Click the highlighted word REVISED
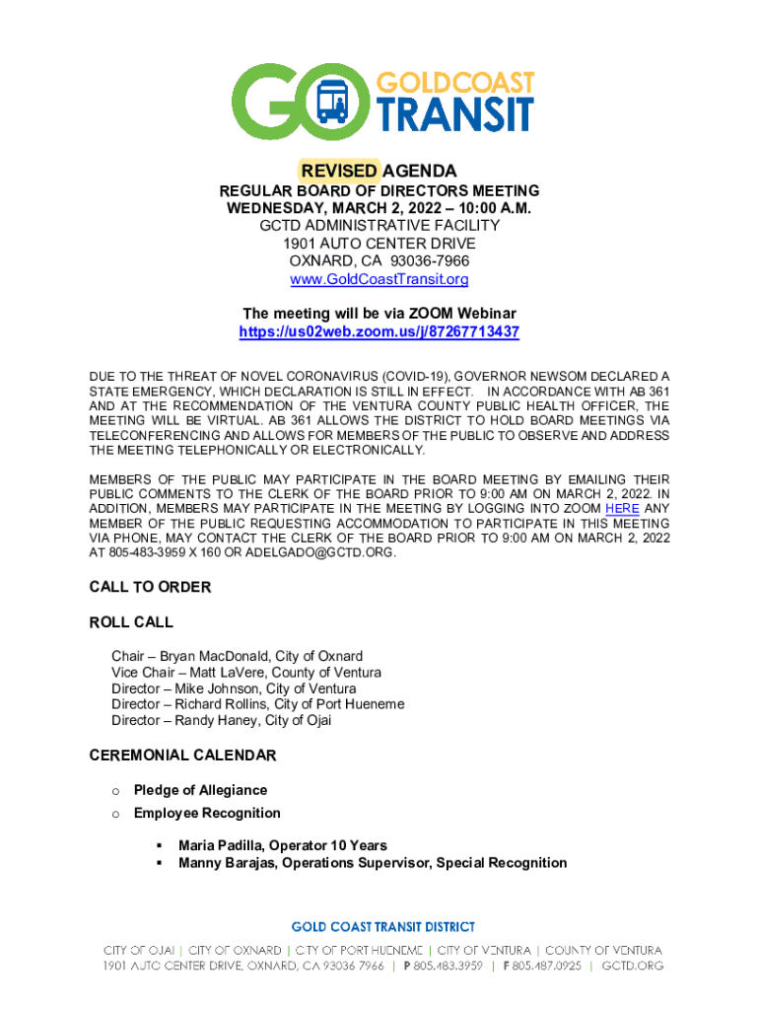(x=339, y=171)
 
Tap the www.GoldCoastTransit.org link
(x=379, y=279)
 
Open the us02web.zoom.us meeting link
(x=379, y=332)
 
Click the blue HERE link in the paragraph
(x=622, y=508)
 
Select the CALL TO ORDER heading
(x=150, y=587)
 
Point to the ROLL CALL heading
(x=131, y=622)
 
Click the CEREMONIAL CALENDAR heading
(x=182, y=756)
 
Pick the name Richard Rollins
(x=222, y=704)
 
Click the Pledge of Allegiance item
(x=200, y=790)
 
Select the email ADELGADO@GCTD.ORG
(x=319, y=552)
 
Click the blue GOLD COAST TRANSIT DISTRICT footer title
(x=382, y=927)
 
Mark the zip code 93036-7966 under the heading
(x=429, y=261)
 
